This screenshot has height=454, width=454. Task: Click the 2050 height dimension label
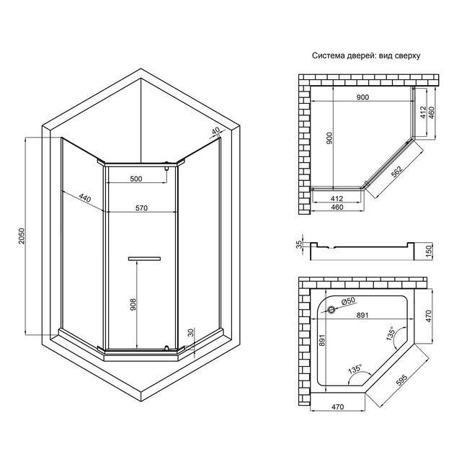(x=22, y=236)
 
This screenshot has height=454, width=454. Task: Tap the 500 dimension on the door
(x=136, y=179)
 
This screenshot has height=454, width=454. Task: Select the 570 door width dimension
(x=141, y=208)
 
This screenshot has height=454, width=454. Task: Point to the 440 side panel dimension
(x=85, y=198)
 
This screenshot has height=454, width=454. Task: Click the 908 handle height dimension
(x=133, y=305)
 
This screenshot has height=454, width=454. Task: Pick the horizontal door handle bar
(x=144, y=259)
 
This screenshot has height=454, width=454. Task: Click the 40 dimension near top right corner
(x=215, y=131)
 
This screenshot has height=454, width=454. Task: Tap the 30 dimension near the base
(x=190, y=332)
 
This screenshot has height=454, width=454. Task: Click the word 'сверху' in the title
(x=407, y=55)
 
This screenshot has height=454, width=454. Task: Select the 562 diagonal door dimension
(x=396, y=171)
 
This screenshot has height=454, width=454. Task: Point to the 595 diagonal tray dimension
(x=401, y=380)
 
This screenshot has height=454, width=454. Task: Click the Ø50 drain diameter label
(x=348, y=301)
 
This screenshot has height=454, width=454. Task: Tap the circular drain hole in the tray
(x=331, y=310)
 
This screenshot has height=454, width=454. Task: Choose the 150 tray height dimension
(x=429, y=249)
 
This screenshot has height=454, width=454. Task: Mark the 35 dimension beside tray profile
(x=299, y=244)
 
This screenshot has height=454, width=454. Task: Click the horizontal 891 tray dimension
(x=362, y=315)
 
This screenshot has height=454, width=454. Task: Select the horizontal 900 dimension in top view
(x=362, y=97)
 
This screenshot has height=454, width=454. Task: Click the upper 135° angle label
(x=391, y=334)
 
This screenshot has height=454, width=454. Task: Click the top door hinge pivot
(x=166, y=165)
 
